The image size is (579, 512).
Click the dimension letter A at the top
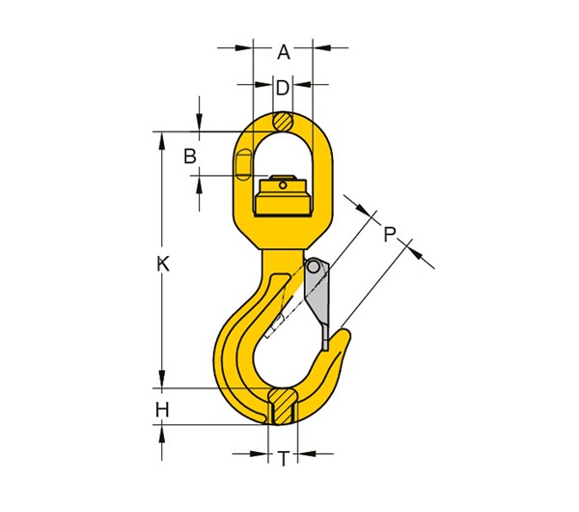[x=284, y=53]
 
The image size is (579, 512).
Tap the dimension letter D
[x=283, y=88]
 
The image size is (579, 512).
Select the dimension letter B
[x=190, y=156]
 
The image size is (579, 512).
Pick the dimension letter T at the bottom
[x=283, y=460]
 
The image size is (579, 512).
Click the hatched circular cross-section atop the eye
[x=283, y=122]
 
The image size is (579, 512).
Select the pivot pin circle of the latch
[x=313, y=266]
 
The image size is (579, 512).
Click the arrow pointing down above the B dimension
[x=199, y=123]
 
